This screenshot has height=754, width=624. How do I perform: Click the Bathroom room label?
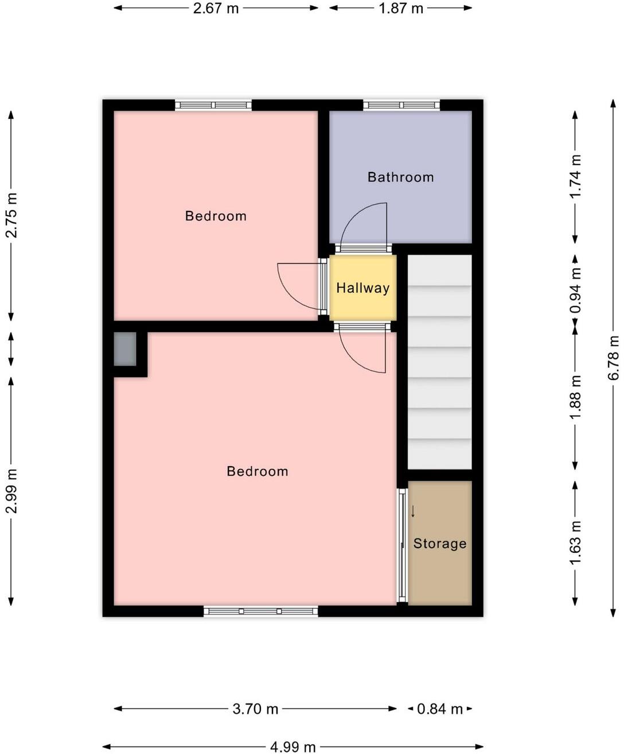point(400,177)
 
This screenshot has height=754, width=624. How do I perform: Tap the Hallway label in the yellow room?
point(362,288)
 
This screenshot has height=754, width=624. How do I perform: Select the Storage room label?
point(440,544)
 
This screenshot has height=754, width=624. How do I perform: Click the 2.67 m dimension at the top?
point(216,9)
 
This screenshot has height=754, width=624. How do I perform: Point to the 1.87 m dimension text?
point(401,9)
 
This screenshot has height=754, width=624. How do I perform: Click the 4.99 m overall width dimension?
point(292,746)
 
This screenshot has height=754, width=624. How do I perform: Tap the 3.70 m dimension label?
point(255,709)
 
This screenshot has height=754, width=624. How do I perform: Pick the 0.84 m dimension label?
point(439,709)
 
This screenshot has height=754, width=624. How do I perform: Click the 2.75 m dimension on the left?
point(11,215)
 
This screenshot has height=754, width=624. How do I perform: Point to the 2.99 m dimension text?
point(11,491)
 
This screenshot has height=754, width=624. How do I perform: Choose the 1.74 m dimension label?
point(575,177)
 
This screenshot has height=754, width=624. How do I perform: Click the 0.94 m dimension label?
point(575,291)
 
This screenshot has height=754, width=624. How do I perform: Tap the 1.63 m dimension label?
point(575,542)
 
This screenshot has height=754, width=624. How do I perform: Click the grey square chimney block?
point(125,349)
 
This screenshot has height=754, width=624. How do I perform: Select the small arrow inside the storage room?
point(412,511)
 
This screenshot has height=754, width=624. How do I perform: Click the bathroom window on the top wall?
point(401,105)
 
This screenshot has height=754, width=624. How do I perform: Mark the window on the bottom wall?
point(260,611)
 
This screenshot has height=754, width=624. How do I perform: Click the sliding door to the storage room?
point(403,545)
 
